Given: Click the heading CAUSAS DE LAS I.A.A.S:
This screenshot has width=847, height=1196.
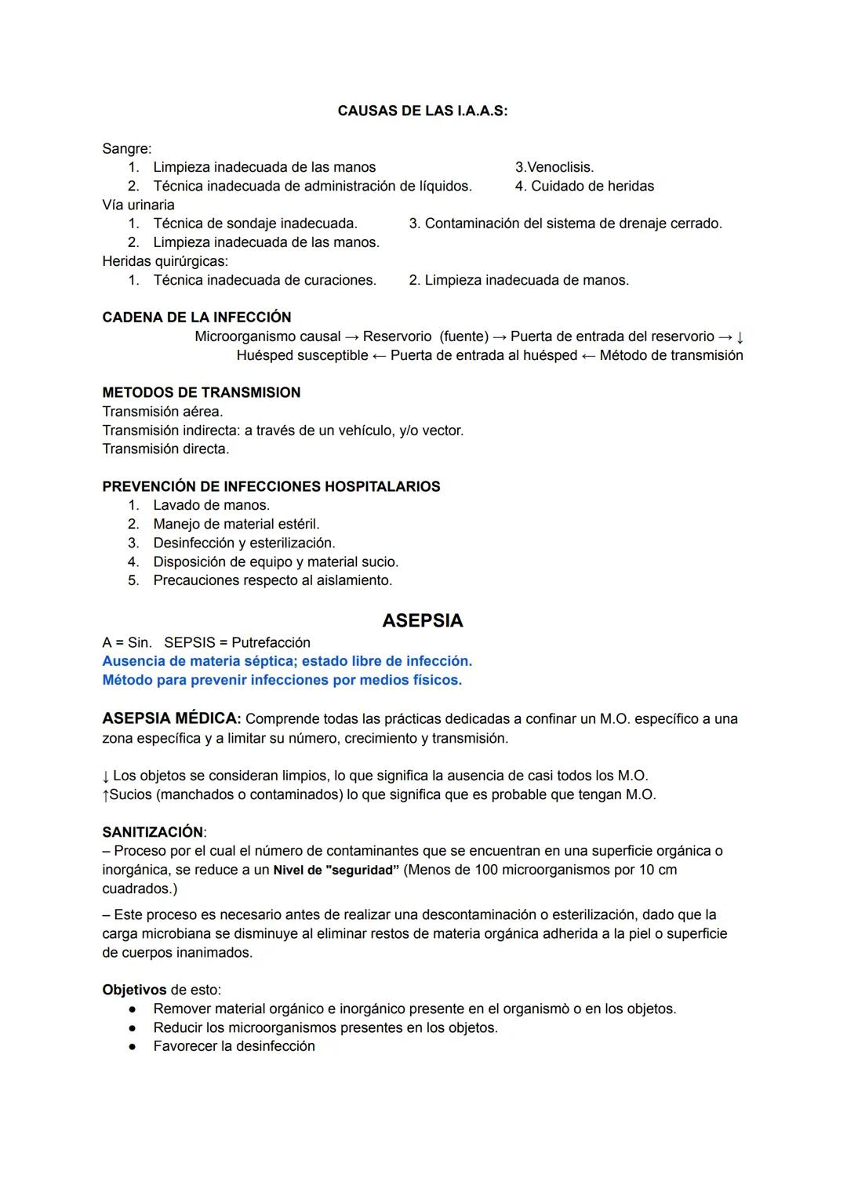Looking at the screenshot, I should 422,111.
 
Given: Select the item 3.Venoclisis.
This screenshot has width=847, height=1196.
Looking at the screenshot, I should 554,167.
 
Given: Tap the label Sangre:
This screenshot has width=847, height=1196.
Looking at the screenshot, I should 127,148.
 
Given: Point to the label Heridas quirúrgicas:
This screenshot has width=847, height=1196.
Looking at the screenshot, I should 165,261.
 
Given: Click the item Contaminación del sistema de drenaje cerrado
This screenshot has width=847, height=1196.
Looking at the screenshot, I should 573,224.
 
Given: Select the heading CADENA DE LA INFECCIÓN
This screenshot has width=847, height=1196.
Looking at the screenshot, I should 196,318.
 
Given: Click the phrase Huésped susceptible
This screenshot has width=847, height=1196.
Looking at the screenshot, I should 302,355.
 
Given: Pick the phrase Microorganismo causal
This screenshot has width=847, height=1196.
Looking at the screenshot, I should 267,336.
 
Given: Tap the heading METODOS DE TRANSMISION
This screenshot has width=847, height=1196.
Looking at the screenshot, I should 201,393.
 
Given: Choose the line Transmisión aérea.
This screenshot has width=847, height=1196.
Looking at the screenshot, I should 162,412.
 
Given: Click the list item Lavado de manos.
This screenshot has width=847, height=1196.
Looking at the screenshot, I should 211,506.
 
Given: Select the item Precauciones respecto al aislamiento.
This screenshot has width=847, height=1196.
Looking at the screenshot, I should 272,581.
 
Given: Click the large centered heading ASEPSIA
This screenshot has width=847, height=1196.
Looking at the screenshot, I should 422,621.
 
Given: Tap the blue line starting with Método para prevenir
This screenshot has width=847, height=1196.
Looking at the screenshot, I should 282,681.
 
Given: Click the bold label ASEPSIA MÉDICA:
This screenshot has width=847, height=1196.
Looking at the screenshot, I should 171,718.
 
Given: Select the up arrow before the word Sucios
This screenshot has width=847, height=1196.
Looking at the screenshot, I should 105,795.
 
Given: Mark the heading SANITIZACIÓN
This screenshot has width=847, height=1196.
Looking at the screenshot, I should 153,832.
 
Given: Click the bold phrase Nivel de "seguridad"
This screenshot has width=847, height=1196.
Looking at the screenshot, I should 336,871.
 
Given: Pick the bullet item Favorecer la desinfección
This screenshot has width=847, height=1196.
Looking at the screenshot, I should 234,1047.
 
